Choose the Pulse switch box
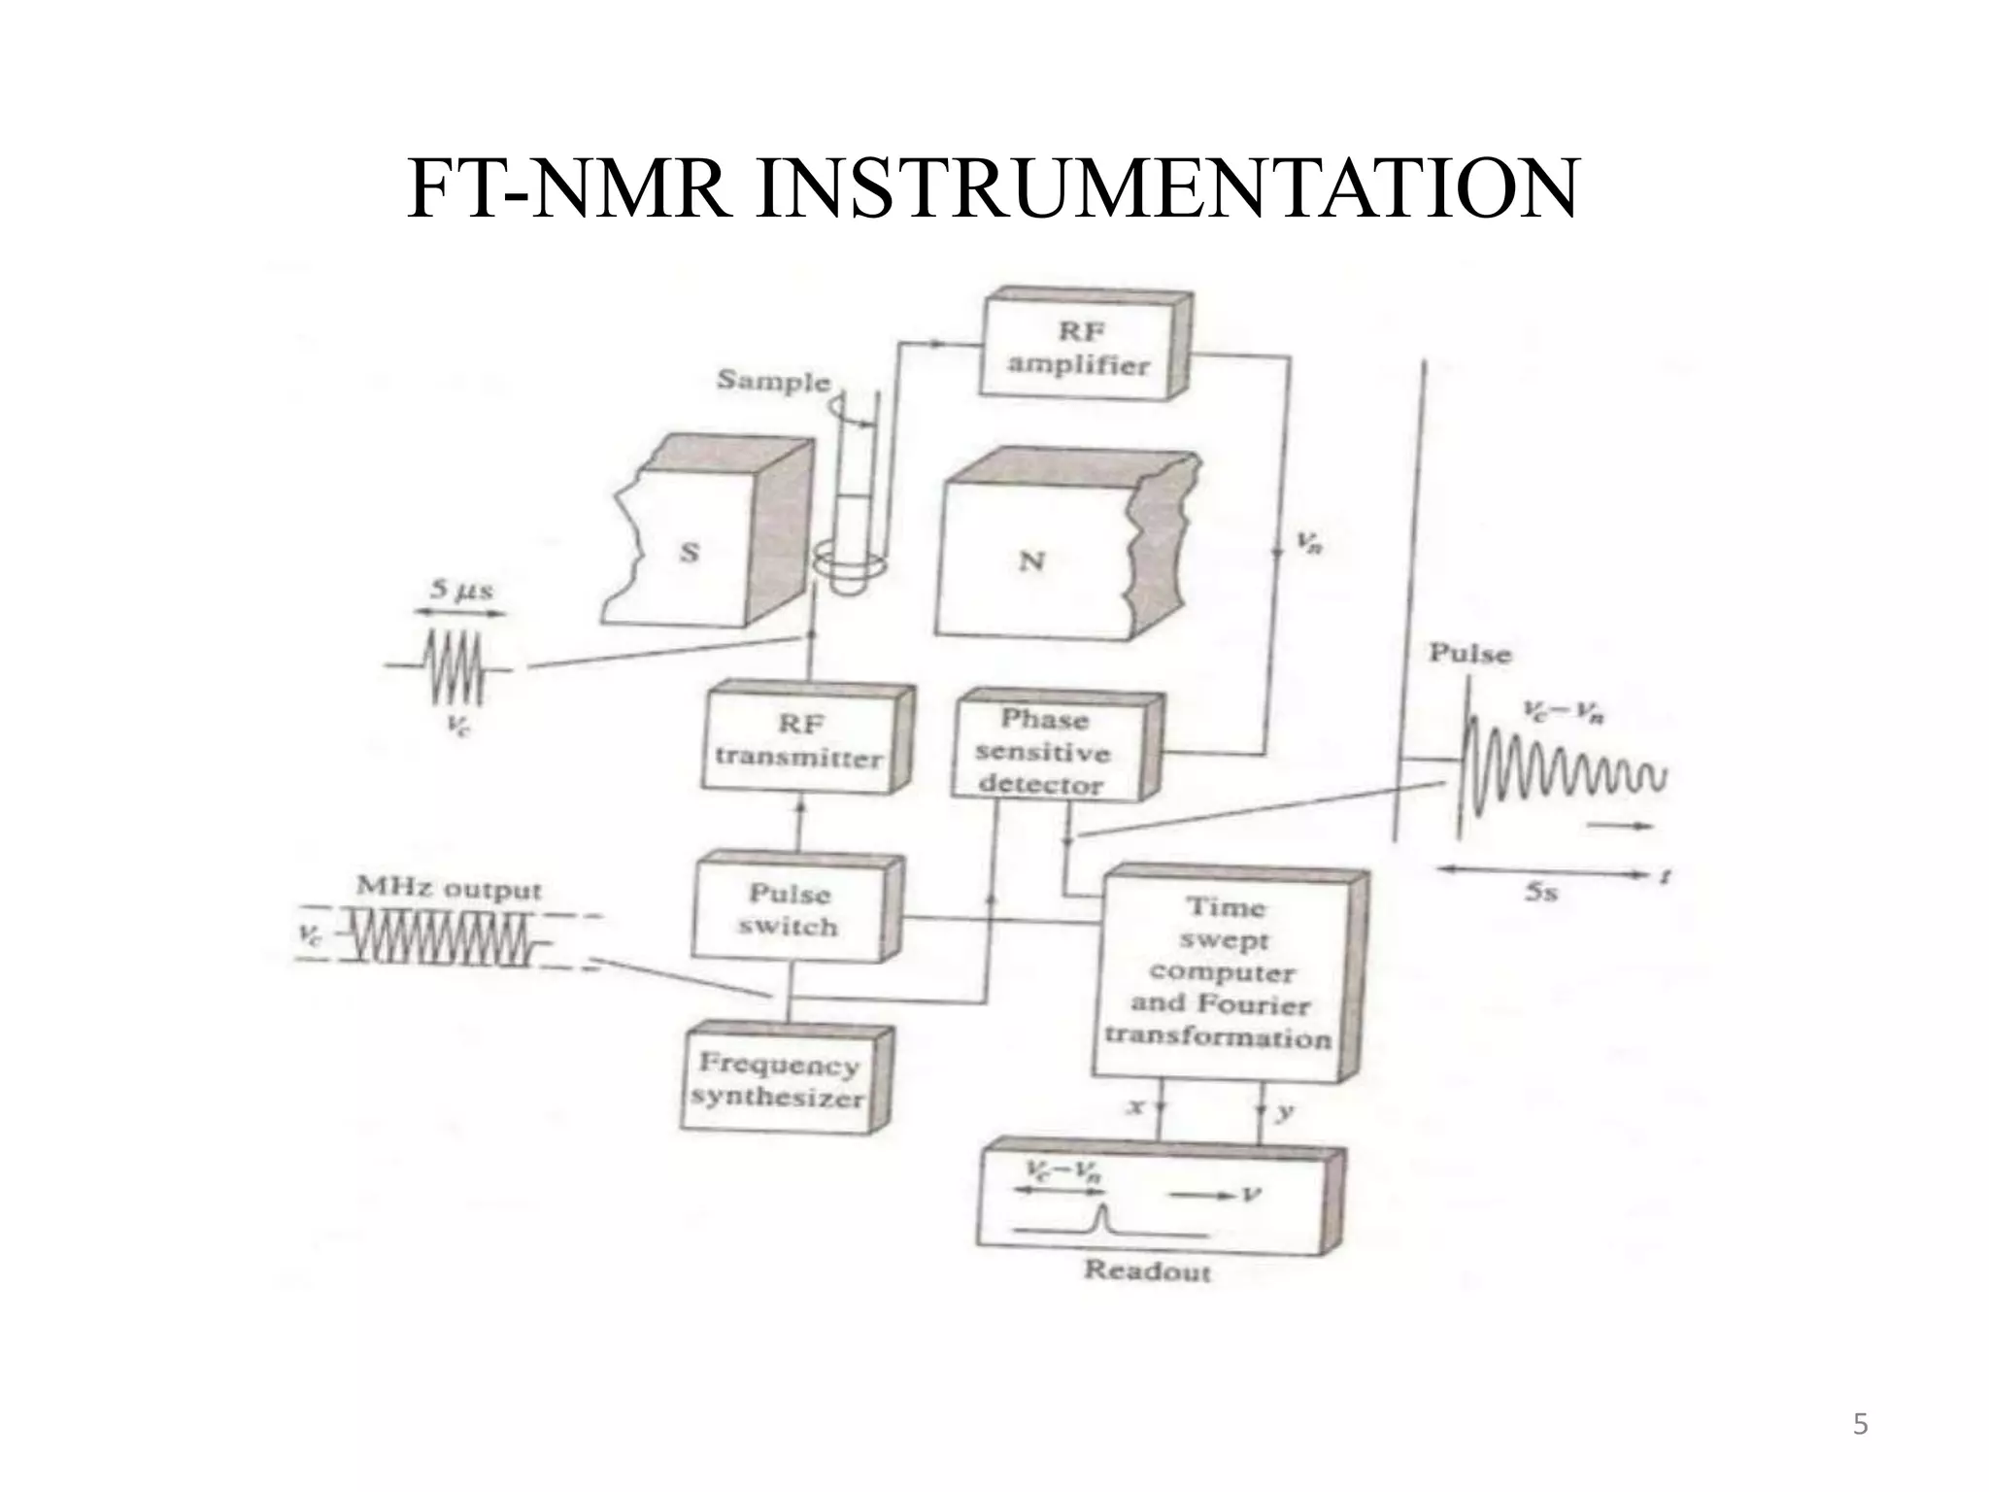(x=790, y=909)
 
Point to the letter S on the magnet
(x=689, y=553)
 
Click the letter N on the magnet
(x=1031, y=560)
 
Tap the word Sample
(x=773, y=380)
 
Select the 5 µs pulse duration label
(x=461, y=590)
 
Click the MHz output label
(x=449, y=888)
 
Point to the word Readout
(x=1147, y=1270)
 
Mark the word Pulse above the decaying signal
(x=1470, y=654)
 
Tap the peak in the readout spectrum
(x=1101, y=1215)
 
